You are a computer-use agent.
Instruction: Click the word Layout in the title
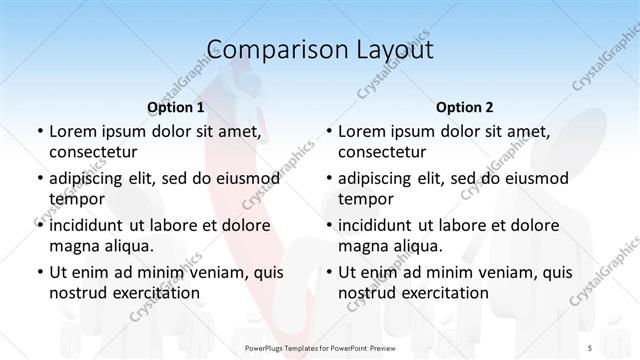pos(389,49)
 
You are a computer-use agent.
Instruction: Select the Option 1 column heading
pos(176,106)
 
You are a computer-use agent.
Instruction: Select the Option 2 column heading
pos(465,106)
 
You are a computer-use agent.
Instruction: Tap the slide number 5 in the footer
pos(590,347)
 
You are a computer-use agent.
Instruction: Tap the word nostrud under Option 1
pos(76,292)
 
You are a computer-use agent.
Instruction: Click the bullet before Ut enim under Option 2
pos(328,272)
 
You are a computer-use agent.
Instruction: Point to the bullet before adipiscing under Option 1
pos(39,179)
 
